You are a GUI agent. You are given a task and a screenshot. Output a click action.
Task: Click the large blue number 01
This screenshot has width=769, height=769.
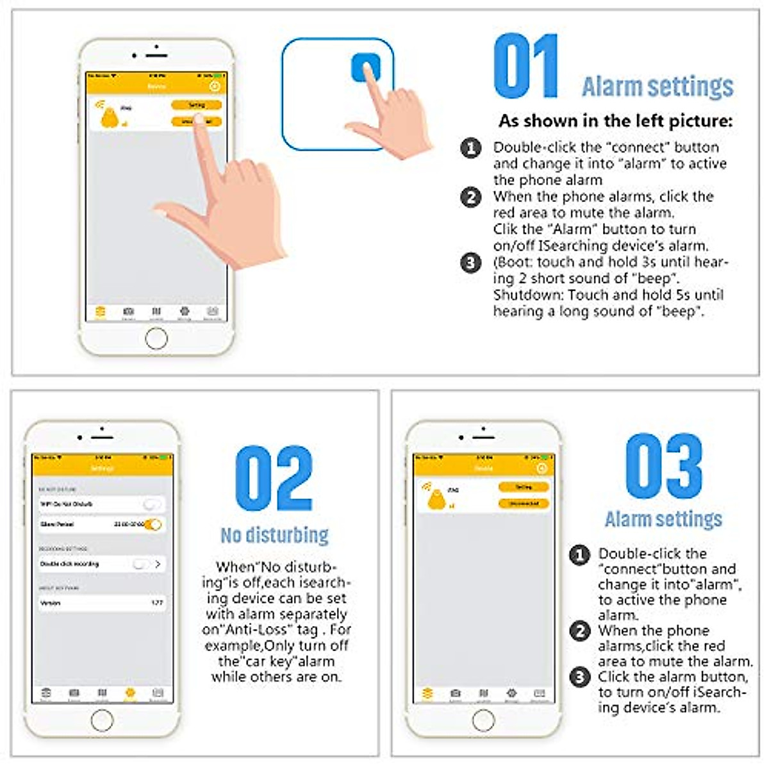tap(525, 67)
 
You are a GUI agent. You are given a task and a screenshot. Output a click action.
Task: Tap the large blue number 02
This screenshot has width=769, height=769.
tap(274, 478)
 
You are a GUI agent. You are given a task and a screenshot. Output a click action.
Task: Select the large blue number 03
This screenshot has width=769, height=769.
tap(663, 466)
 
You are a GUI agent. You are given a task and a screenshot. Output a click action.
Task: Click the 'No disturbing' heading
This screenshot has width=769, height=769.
tap(274, 535)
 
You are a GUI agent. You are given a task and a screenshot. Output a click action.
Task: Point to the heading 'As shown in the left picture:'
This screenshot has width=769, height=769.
tap(615, 120)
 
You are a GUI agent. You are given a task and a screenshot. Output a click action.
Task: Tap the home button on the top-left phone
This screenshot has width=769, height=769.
tap(156, 338)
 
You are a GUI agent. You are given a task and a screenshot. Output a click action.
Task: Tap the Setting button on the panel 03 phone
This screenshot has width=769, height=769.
tap(524, 488)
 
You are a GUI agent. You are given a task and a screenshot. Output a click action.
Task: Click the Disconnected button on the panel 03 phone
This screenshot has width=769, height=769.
tap(524, 504)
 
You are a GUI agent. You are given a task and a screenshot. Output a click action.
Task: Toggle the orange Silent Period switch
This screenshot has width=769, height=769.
tap(153, 524)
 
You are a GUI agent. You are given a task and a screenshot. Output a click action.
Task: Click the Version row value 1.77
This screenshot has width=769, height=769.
tap(157, 603)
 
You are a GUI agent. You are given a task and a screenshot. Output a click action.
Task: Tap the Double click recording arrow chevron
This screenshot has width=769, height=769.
tap(158, 564)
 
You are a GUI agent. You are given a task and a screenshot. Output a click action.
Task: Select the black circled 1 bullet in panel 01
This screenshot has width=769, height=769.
tap(471, 148)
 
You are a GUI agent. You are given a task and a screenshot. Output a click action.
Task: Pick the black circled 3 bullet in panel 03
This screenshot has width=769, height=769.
tap(580, 677)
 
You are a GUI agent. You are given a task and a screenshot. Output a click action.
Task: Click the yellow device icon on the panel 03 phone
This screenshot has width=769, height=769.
tap(436, 499)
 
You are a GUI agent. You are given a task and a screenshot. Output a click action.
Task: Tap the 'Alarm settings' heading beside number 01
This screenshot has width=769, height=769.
tap(657, 87)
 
